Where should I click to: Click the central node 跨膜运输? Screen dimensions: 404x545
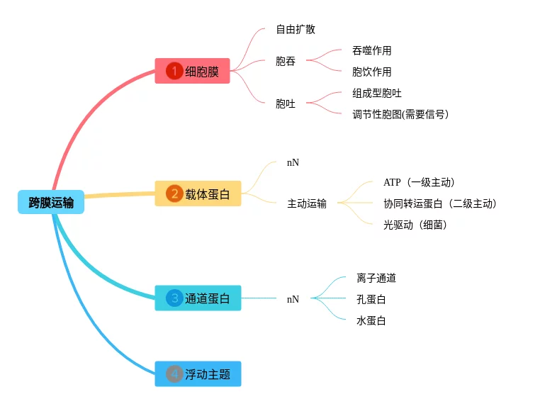(51, 203)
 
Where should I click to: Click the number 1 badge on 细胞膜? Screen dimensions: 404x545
(174, 71)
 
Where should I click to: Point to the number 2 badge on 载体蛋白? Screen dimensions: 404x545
(174, 193)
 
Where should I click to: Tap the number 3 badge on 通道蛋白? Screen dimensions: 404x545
(174, 298)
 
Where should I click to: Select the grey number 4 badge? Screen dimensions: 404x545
(174, 374)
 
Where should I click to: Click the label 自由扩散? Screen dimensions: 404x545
(296, 30)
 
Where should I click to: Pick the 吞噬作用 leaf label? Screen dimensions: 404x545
(371, 50)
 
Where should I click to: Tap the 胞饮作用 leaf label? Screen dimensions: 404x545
(371, 72)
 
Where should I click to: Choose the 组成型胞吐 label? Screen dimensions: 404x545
(377, 93)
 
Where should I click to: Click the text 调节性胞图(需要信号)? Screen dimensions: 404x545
(400, 114)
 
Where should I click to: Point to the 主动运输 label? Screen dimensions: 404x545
(307, 204)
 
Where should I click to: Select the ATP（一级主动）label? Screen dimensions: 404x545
(419, 183)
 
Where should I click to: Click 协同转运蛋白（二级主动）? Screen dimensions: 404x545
(439, 204)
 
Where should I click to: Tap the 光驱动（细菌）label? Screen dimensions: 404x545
(415, 225)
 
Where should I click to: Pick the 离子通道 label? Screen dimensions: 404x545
(376, 279)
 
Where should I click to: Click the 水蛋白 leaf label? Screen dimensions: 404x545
(371, 321)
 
